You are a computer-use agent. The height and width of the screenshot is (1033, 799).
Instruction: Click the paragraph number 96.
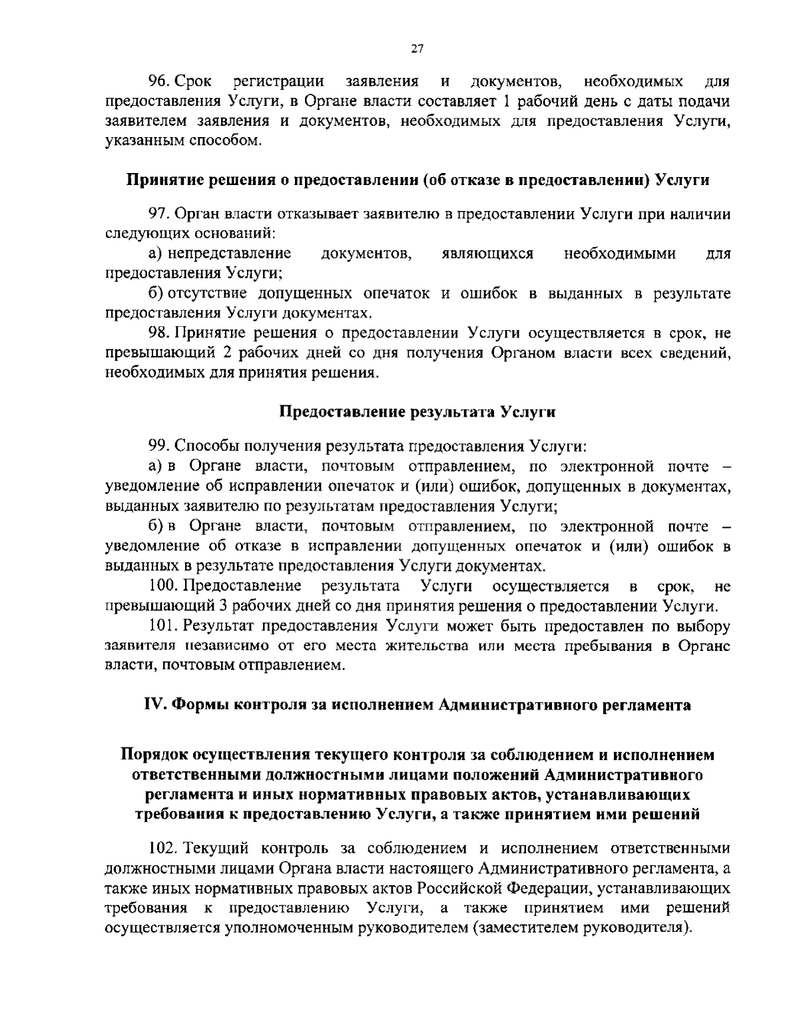(160, 82)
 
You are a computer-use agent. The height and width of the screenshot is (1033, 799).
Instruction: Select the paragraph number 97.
(160, 214)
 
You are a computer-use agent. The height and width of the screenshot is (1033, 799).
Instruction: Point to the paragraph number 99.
(160, 445)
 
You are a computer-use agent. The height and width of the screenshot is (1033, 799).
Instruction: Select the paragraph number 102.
(164, 849)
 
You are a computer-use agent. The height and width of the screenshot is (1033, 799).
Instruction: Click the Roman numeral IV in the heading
(154, 705)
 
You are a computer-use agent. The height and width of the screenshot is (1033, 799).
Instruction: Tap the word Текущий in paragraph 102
(216, 849)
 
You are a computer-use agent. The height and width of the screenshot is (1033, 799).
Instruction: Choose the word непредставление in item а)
(229, 254)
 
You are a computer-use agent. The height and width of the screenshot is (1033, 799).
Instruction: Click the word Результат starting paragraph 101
(218, 626)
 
